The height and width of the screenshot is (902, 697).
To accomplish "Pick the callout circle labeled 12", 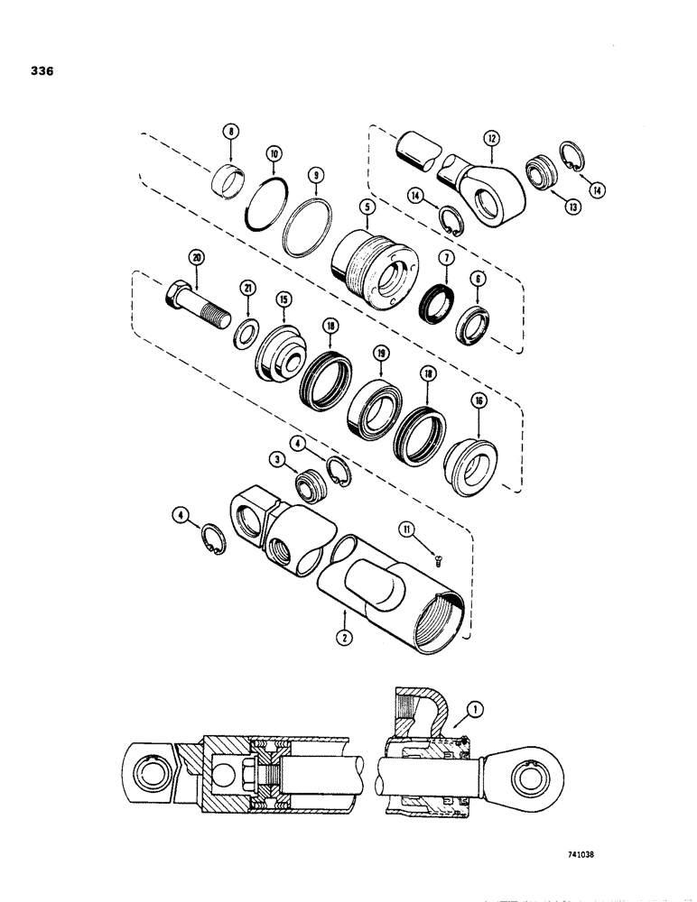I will coord(490,139).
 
